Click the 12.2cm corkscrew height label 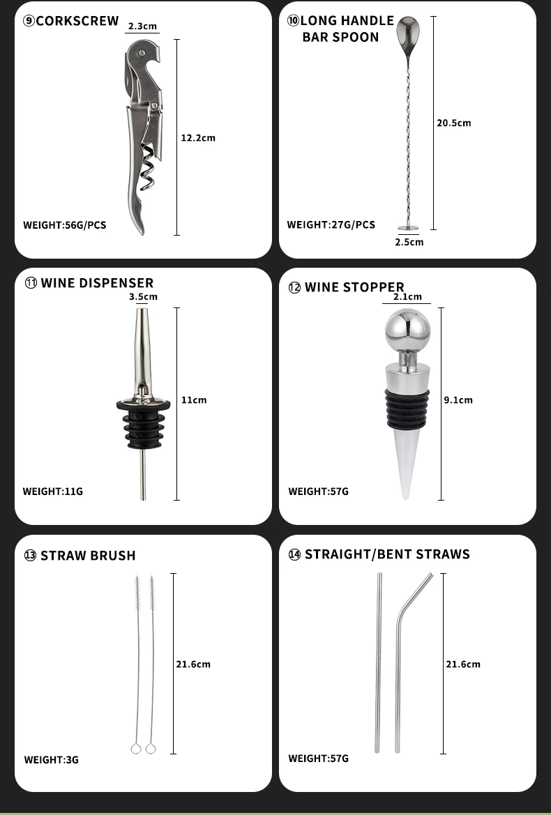point(198,138)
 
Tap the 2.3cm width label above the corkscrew point(142,26)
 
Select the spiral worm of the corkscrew point(148,167)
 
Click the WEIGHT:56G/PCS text point(64,225)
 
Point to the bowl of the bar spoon point(407,31)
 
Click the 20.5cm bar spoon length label point(454,123)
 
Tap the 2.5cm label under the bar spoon point(409,242)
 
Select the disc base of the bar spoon point(408,228)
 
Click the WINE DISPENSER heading point(97,283)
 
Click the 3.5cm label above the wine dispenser point(144,297)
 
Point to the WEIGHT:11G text point(52,492)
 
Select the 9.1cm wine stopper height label point(458,399)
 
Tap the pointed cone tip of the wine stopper point(405,496)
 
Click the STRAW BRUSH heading point(88,556)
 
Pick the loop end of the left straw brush point(136,749)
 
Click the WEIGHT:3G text point(52,760)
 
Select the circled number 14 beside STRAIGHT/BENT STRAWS point(295,554)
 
